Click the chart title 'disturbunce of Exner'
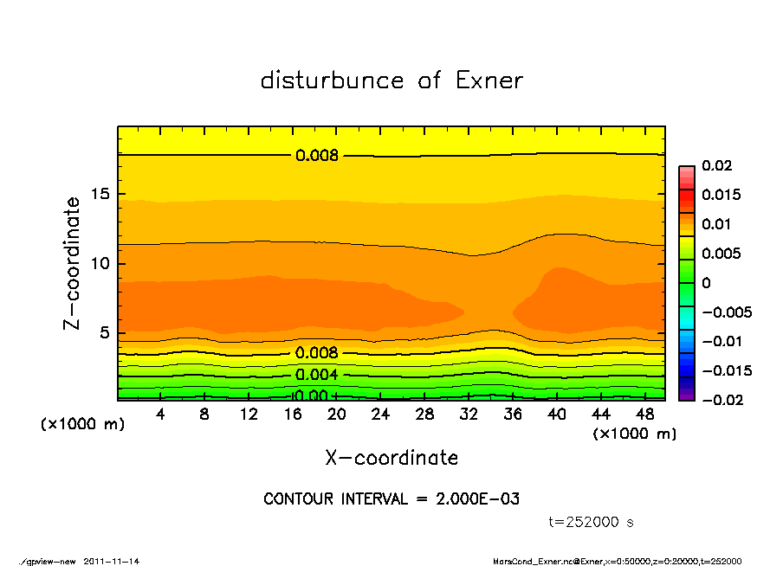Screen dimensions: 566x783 coord(391,80)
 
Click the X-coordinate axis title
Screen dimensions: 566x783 coord(391,458)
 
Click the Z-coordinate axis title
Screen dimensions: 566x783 coord(73,263)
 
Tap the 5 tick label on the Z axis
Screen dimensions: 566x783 coord(106,332)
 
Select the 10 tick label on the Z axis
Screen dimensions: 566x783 coord(101,263)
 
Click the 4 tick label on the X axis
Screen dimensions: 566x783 coord(161,415)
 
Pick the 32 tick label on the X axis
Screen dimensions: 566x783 coord(469,415)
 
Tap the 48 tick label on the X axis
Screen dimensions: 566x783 coord(644,415)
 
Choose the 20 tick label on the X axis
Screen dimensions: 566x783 coord(337,415)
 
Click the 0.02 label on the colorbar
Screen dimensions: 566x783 coord(718,165)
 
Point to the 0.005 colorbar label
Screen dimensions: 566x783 coord(722,254)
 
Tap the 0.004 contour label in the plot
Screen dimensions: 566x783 coord(316,375)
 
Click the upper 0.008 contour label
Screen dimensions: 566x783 coord(316,156)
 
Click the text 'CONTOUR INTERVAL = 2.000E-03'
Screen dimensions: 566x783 coord(391,499)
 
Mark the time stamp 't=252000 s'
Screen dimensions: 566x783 coord(592,522)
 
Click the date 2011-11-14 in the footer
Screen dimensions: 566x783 coord(112,561)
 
